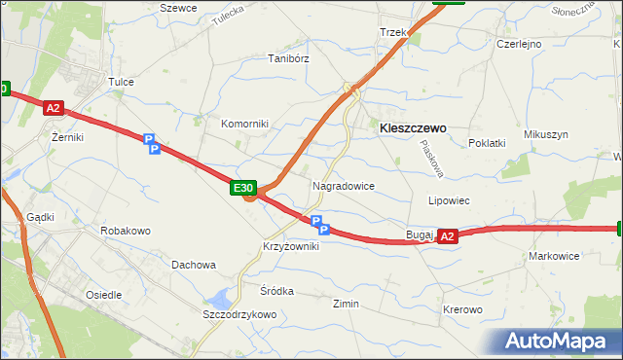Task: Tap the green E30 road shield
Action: (x=243, y=188)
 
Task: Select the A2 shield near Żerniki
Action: (x=54, y=109)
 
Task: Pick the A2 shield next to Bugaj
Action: (x=447, y=235)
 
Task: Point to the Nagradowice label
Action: (x=343, y=185)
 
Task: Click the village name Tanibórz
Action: (x=288, y=58)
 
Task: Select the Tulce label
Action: (x=121, y=82)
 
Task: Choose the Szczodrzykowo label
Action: (x=239, y=314)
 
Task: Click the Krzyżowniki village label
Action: (x=291, y=246)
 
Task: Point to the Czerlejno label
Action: (x=519, y=44)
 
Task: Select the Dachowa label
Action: (x=193, y=264)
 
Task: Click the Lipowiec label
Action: (x=450, y=200)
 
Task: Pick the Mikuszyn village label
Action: (x=545, y=134)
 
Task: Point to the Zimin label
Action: (x=346, y=304)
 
